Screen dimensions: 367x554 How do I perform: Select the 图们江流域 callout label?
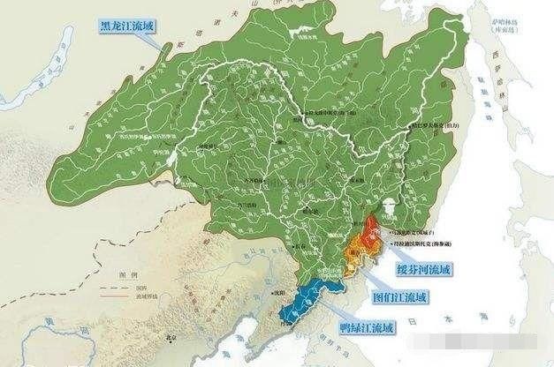click(x=399, y=297)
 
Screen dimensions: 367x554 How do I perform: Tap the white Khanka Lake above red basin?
click(x=387, y=206)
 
